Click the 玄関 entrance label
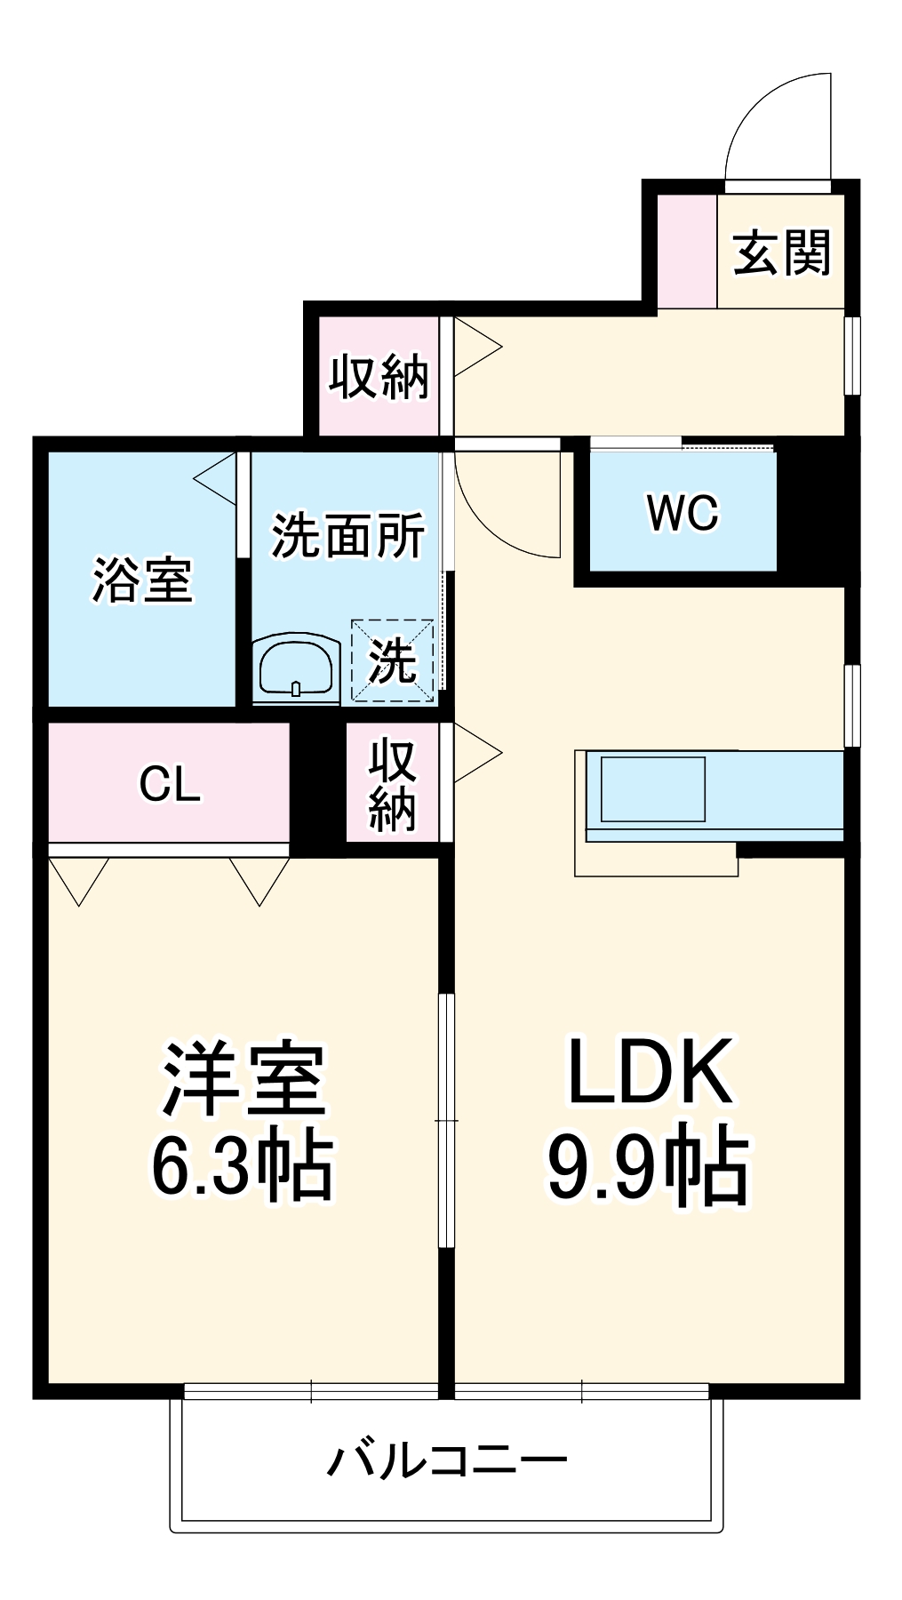pos(782,252)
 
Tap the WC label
pos(682,513)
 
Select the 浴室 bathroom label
pos(142,580)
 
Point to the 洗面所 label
pos(347,535)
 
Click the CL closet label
pos(170,784)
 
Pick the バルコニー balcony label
pos(447,1460)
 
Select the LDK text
pos(651,1071)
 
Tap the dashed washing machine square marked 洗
pos(393,660)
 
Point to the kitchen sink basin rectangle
pos(653,789)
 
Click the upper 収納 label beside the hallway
pos(379,378)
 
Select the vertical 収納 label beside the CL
pos(393,784)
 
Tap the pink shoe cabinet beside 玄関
pos(687,252)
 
